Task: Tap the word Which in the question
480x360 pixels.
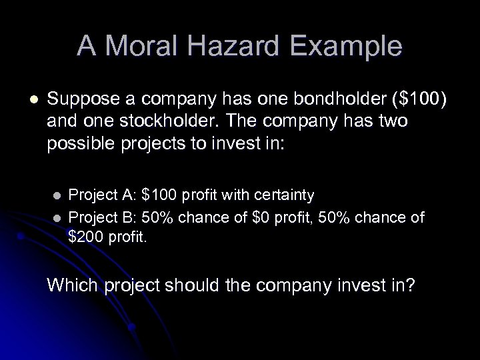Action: [69, 285]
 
